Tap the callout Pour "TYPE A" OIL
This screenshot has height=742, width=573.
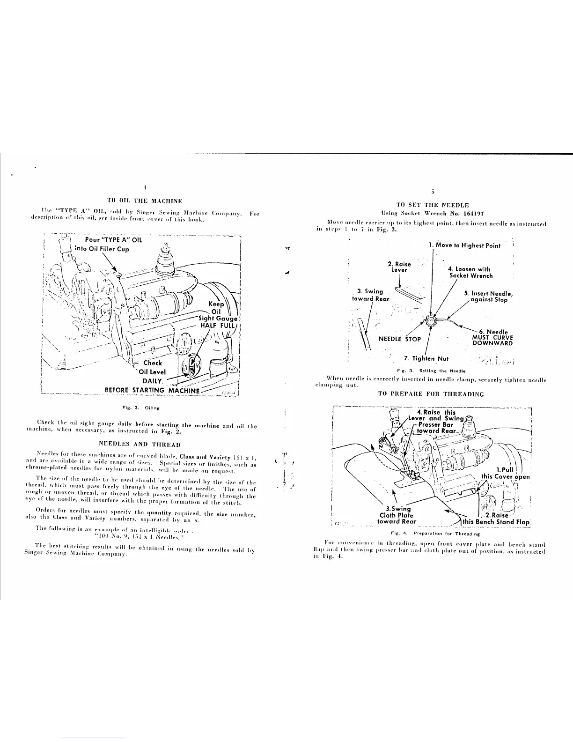110,240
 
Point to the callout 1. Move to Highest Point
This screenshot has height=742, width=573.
464,245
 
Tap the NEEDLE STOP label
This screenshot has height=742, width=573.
400,339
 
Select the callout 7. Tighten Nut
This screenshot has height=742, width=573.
426,358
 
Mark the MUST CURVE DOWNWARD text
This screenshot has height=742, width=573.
493,340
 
